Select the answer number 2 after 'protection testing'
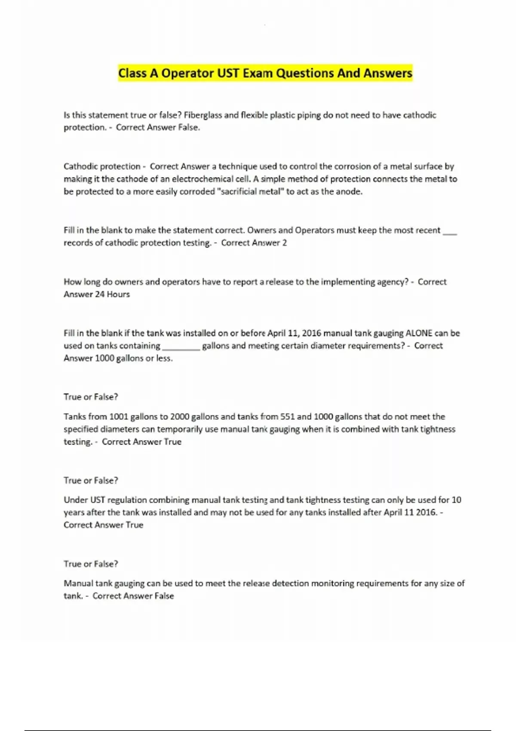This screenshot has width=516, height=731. tap(284, 243)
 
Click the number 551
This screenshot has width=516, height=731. tap(287, 417)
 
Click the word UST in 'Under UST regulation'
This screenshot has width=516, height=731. tap(97, 500)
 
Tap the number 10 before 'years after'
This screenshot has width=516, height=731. tap(456, 500)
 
